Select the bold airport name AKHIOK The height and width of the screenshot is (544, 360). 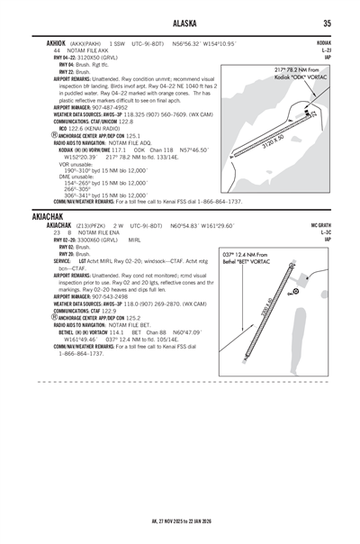tap(46, 43)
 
